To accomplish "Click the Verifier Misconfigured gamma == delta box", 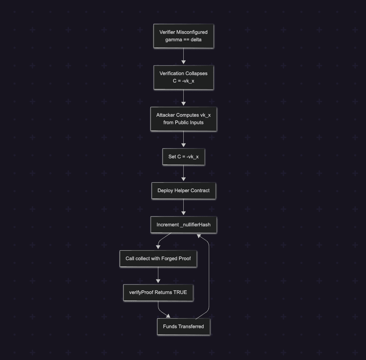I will click(183, 36).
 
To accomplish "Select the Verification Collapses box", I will click(183, 77).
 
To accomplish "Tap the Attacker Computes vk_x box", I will click(183, 119).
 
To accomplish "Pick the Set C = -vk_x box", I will click(183, 157).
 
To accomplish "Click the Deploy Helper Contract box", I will click(183, 190).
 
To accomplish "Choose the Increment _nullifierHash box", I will click(183, 225).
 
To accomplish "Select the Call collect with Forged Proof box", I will click(158, 258).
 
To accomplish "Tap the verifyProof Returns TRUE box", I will click(158, 292).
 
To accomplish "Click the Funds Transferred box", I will click(183, 327).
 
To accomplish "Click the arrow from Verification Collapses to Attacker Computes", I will click(183, 98).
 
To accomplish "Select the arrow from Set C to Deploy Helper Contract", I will click(183, 174).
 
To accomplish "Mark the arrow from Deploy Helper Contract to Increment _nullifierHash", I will click(183, 207).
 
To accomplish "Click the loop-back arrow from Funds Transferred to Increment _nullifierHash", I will click(209, 277).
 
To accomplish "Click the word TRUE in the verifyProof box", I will click(180, 292).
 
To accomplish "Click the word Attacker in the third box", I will click(165, 115).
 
